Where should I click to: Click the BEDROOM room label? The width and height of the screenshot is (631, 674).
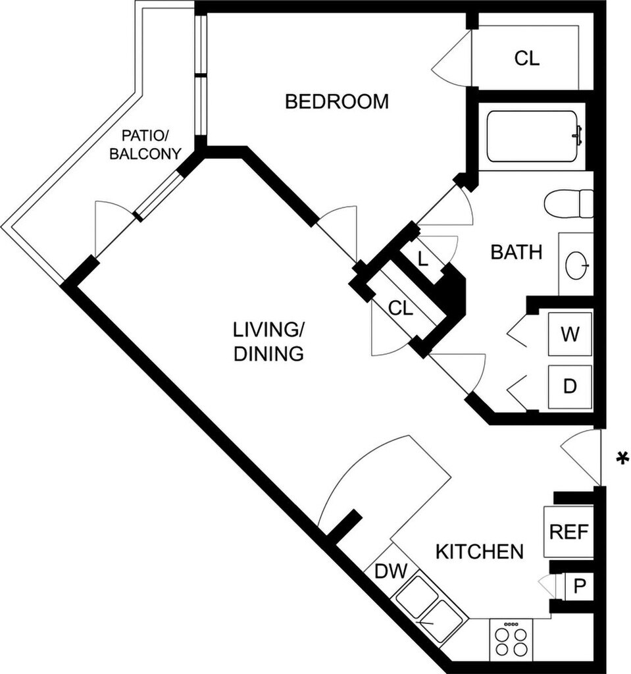pyautogui.click(x=337, y=101)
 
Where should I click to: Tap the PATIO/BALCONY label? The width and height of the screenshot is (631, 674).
pyautogui.click(x=145, y=145)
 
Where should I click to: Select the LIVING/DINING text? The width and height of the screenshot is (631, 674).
pyautogui.click(x=268, y=342)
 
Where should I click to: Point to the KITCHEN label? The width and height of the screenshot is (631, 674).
pyautogui.click(x=480, y=552)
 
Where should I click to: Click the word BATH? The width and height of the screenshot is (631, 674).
pyautogui.click(x=517, y=252)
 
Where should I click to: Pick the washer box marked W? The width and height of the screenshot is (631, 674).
pyautogui.click(x=570, y=334)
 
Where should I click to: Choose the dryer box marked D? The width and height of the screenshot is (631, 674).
pyautogui.click(x=570, y=387)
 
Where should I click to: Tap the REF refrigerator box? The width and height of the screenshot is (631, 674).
pyautogui.click(x=568, y=532)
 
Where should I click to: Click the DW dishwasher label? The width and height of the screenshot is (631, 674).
pyautogui.click(x=391, y=571)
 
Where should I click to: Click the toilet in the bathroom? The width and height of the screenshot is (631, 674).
pyautogui.click(x=568, y=203)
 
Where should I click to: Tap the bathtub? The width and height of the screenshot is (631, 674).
pyautogui.click(x=532, y=136)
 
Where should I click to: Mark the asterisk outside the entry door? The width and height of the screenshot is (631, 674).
pyautogui.click(x=621, y=458)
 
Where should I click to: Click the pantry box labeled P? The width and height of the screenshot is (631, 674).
pyautogui.click(x=579, y=586)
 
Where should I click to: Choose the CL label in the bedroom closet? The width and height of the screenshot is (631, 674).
pyautogui.click(x=526, y=58)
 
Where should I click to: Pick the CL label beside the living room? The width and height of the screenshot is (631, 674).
pyautogui.click(x=401, y=308)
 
